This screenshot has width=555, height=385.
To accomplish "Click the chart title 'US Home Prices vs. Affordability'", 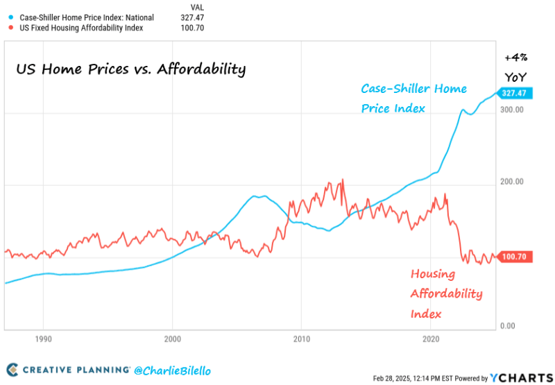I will coord(130,69).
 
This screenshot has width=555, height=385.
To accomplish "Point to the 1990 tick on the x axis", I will coord(43,339).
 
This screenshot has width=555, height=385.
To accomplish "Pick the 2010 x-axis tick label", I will coord(301,339).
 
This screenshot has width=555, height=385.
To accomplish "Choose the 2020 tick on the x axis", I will coord(431,339).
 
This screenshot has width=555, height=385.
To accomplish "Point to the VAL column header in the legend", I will coord(197,6).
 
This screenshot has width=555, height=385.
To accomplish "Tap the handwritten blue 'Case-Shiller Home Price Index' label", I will coord(413,99).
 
